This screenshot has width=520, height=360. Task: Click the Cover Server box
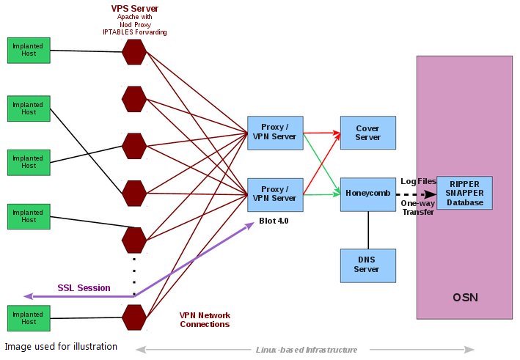pos(367,133)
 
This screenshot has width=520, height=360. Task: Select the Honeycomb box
pos(367,194)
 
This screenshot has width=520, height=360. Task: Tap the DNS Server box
pos(367,265)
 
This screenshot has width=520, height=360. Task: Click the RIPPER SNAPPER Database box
pos(464,193)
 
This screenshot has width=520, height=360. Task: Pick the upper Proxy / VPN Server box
pos(275,133)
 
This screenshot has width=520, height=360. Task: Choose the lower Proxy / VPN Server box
pos(275,194)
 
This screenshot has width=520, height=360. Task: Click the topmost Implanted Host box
pos(29,50)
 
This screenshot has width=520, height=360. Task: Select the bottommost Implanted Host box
pos(29,318)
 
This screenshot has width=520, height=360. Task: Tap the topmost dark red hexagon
pos(134,52)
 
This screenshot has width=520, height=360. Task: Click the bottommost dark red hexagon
pos(134,317)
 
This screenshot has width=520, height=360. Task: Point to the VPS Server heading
pos(135,8)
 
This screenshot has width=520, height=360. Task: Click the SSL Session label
pos(84,287)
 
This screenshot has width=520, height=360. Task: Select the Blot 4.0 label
pos(274,221)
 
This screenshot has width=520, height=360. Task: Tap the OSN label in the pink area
pos(465,298)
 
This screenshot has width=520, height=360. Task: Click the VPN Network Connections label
pos(205,320)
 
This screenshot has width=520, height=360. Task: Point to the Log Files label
pos(419,181)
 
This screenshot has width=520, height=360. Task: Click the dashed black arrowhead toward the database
pos(431,194)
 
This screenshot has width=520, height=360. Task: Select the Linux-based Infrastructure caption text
pos(306,350)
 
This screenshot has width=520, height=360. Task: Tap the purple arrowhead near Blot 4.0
pos(249,225)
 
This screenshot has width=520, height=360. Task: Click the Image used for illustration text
pos(61,347)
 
